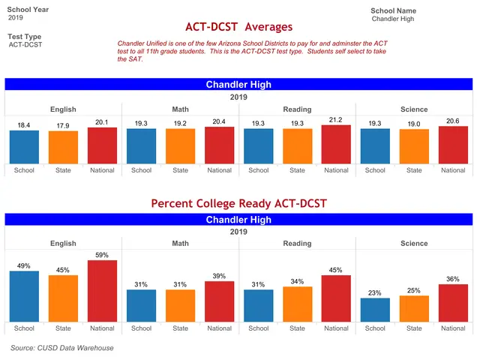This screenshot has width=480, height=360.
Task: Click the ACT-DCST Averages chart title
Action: click(x=238, y=27)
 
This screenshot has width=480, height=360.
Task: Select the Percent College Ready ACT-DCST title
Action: click(x=238, y=203)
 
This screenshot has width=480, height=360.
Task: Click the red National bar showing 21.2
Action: click(x=336, y=145)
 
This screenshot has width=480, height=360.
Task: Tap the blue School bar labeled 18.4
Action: click(x=24, y=147)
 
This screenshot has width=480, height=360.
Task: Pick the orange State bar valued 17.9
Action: click(x=63, y=147)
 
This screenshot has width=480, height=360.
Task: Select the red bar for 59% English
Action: click(x=102, y=291)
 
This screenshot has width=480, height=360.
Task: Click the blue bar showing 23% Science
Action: click(x=375, y=310)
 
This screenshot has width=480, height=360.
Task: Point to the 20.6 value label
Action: click(x=453, y=121)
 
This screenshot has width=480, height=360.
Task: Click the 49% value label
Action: click(x=24, y=265)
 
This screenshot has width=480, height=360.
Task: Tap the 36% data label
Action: click(x=453, y=279)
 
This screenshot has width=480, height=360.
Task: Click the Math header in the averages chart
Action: click(x=180, y=109)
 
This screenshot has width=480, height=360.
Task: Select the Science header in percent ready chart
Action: click(x=414, y=243)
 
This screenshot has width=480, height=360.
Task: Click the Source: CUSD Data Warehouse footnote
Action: click(x=61, y=348)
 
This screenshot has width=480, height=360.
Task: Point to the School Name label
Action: click(x=393, y=10)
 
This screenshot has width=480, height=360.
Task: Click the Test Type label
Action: click(x=24, y=37)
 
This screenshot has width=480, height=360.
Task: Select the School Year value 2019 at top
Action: click(x=15, y=17)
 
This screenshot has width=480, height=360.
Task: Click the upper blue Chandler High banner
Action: click(x=238, y=84)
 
